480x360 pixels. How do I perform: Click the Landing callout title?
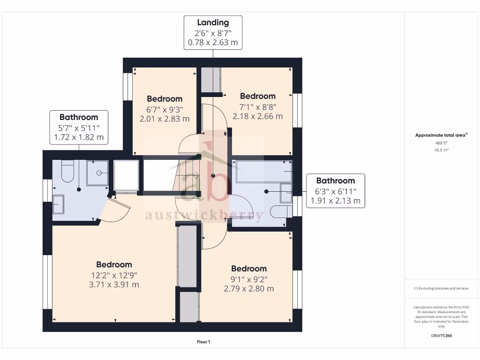coord(213,22)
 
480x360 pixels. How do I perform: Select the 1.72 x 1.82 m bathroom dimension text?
coord(78,138)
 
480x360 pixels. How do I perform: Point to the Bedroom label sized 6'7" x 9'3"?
coord(165,99)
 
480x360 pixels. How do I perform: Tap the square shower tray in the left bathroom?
coord(97,173)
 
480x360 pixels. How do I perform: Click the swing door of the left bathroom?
coord(115,209)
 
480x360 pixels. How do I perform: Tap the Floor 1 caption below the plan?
coord(203,342)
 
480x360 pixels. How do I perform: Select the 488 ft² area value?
coord(441,143)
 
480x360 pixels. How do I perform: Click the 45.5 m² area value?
coord(441,150)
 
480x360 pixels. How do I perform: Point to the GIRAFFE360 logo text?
coord(441,336)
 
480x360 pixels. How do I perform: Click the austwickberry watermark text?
coord(204,215)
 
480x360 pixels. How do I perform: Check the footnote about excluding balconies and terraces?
coord(441,288)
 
